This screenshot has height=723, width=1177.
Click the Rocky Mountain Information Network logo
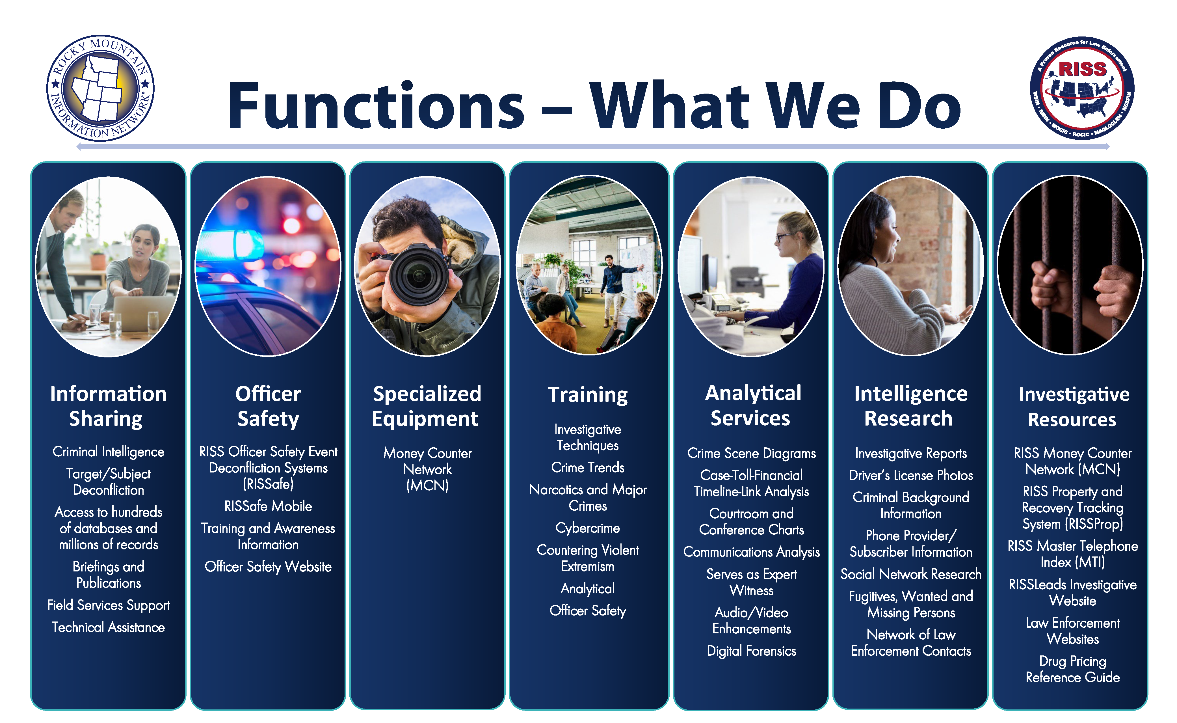coord(100,88)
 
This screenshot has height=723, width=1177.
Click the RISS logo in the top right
coord(1082,88)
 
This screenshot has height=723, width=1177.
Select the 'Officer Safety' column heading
coord(268,406)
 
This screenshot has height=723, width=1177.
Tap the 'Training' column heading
coord(588,395)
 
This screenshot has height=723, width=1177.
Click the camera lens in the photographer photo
coord(419,275)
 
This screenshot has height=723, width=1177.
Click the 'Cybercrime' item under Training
coord(588,528)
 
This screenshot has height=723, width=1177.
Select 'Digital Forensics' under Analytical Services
coord(751,651)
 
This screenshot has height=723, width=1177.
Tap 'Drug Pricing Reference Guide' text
coord(1073,669)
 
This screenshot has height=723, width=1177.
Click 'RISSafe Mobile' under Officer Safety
coord(268,506)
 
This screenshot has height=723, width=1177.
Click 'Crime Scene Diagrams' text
coord(751,453)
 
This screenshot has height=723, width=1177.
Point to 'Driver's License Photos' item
coord(911,475)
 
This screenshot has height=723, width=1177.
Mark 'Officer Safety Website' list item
coord(268,567)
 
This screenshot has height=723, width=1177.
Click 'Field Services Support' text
coord(109,605)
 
